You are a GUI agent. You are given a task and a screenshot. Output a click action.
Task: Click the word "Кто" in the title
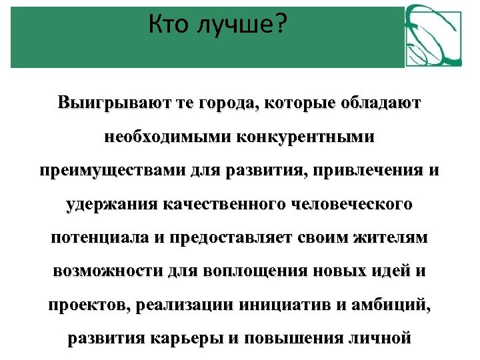[x=169, y=26]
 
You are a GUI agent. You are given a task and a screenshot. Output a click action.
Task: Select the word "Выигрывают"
[x=101, y=104]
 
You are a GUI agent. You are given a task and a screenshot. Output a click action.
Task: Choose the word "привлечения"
[x=370, y=171]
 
